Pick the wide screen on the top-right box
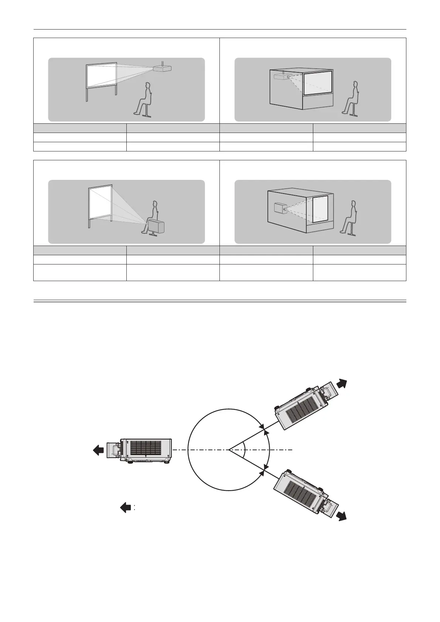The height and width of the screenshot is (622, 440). pos(318,83)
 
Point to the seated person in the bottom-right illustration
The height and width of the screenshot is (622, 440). pos(350,219)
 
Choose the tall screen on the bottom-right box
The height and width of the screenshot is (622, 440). pos(320,209)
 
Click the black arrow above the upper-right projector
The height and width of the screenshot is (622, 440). pos(342,384)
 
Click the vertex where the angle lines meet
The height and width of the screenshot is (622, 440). pos(229,450)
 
